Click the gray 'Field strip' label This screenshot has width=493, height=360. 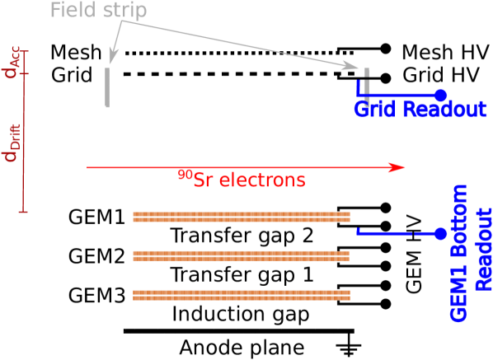tap(98, 11)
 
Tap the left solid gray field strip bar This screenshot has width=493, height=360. tap(107, 87)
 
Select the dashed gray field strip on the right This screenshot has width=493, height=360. tap(367, 82)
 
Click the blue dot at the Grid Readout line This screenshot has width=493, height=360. tap(441, 96)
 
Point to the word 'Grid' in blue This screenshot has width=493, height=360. tap(375, 110)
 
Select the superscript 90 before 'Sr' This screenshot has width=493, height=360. tap(185, 175)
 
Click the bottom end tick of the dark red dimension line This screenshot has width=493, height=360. tap(23, 213)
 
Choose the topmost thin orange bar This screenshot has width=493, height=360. tap(242, 213)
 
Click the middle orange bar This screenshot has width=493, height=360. tap(242, 256)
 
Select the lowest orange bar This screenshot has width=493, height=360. tap(242, 295)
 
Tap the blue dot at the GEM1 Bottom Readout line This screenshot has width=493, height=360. tap(441, 234)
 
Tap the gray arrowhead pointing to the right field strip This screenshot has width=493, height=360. tap(353, 64)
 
